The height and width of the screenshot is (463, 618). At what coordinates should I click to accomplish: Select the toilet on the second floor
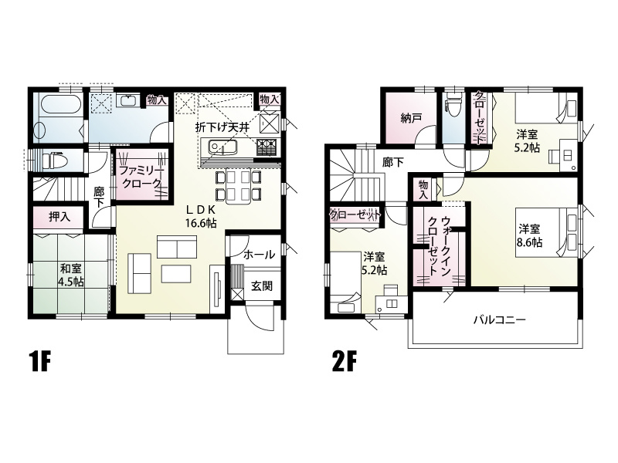(452, 104)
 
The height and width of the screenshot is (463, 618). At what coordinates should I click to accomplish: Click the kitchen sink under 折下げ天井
(222, 147)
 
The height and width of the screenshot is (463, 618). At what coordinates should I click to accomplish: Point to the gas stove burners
(267, 147)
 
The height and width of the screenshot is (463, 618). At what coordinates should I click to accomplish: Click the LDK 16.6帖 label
(201, 216)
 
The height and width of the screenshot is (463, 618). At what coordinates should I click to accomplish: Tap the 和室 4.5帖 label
(71, 275)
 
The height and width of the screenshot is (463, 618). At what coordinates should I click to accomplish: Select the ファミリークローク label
(141, 177)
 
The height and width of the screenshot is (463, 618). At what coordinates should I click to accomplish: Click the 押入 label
(59, 217)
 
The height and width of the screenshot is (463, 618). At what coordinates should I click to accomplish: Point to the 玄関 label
(262, 286)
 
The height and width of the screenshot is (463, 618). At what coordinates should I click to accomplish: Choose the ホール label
(259, 255)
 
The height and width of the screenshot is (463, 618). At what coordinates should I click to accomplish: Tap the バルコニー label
(499, 319)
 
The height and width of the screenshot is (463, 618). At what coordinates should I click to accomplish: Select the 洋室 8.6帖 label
(529, 235)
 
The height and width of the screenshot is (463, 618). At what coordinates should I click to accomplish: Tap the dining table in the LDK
(239, 185)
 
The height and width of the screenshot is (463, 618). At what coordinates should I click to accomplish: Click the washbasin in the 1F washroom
(130, 101)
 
